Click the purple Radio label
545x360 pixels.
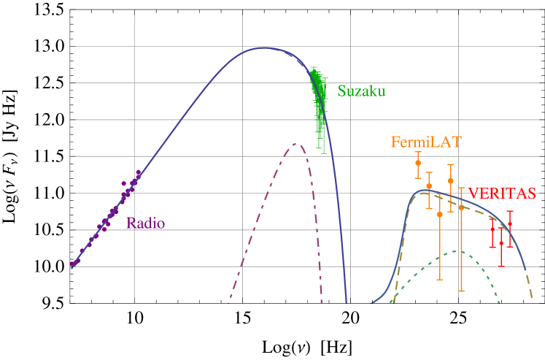click(x=145, y=223)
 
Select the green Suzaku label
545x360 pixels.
click(x=361, y=91)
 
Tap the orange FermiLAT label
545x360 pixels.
click(x=426, y=142)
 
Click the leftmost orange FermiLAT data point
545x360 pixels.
click(x=418, y=163)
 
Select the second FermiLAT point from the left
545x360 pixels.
click(x=429, y=186)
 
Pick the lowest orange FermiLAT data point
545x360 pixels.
click(x=440, y=214)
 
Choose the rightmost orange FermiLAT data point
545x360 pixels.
click(x=461, y=207)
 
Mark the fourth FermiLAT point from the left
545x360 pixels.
click(x=451, y=180)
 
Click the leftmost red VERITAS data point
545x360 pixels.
click(x=492, y=229)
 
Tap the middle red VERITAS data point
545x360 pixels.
click(x=500, y=242)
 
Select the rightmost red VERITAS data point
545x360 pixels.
click(x=510, y=223)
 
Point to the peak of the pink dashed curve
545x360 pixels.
click(x=297, y=143)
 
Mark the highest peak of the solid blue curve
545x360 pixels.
click(x=264, y=48)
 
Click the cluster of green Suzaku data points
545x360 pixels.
click(x=319, y=102)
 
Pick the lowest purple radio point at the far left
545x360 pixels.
click(x=72, y=264)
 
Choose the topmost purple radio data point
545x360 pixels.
click(x=138, y=172)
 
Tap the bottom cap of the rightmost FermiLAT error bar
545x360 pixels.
click(x=461, y=291)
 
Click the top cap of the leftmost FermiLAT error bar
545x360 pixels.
click(x=418, y=152)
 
